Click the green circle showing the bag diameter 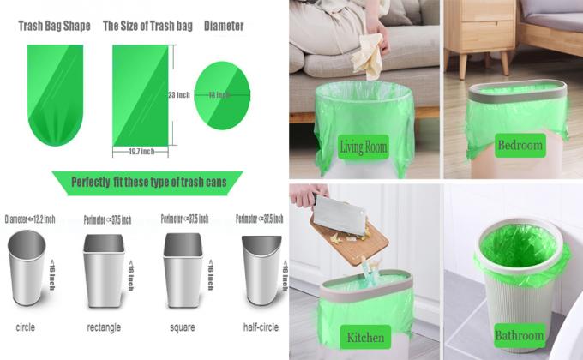[222, 94]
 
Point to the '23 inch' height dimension [178, 94]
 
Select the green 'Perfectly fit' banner [146, 182]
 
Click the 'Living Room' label [364, 147]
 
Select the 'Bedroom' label [520, 146]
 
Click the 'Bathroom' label [520, 335]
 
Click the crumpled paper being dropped [366, 57]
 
